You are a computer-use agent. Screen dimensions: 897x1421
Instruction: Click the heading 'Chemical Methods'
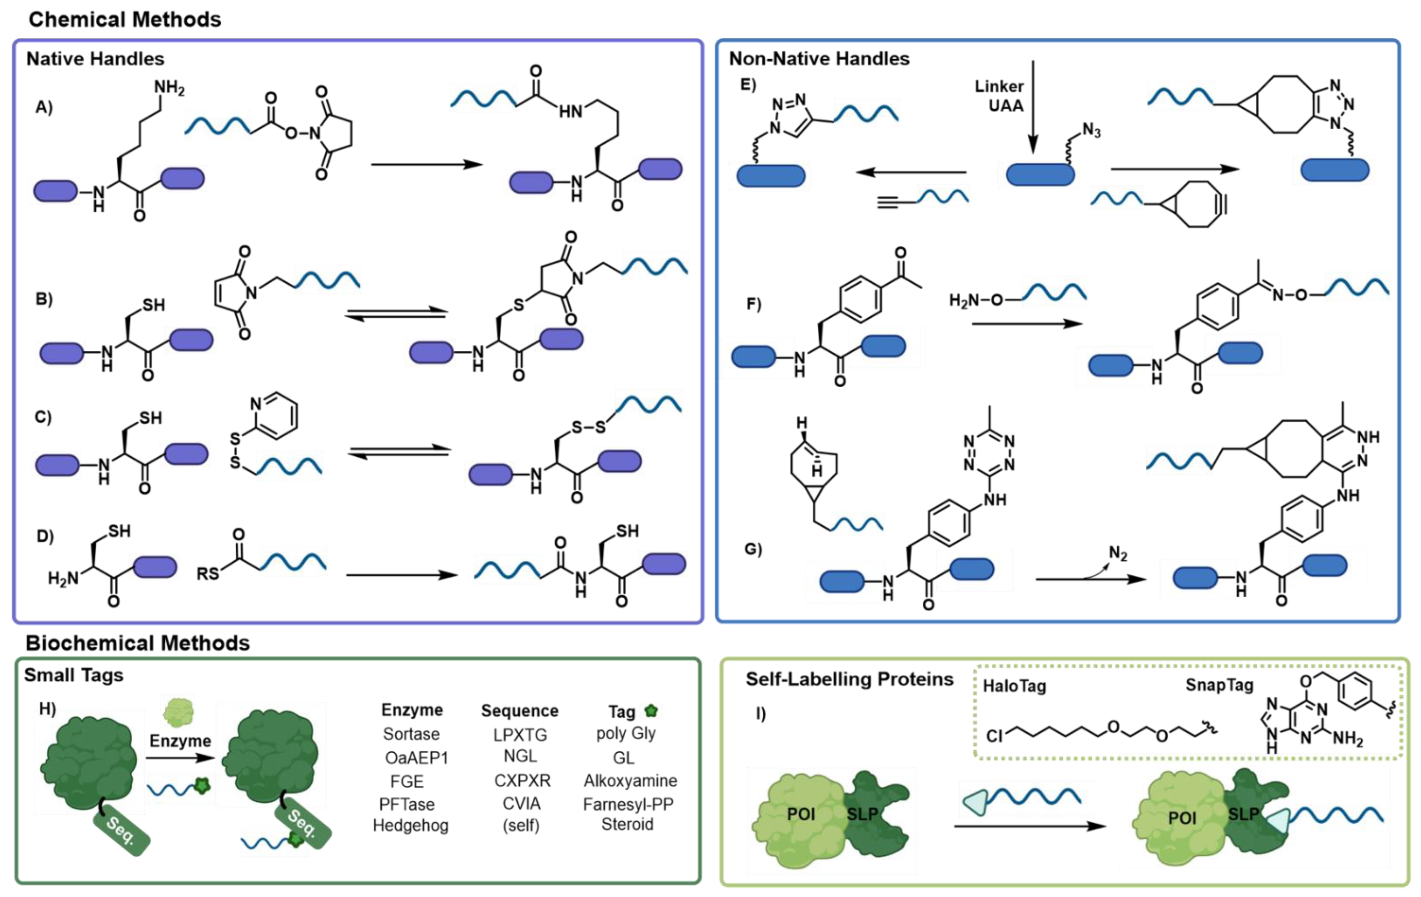(x=124, y=19)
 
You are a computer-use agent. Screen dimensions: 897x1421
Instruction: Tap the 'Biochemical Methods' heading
(x=138, y=643)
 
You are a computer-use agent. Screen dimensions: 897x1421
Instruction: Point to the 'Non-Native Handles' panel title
(x=819, y=59)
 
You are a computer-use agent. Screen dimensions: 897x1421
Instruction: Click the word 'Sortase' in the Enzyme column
(x=411, y=734)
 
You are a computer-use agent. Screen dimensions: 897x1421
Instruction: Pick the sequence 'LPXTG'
(x=520, y=735)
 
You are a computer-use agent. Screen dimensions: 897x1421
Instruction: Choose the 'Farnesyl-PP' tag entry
(x=628, y=805)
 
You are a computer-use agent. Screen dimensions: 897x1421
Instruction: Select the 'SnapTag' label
(x=1219, y=685)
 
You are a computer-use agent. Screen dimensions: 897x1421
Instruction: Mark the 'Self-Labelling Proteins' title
(x=849, y=680)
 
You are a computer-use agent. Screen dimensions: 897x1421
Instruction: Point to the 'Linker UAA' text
(x=1000, y=96)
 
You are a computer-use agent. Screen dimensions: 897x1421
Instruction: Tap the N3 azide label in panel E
(x=1091, y=130)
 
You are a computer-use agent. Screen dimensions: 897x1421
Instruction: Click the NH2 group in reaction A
(x=169, y=88)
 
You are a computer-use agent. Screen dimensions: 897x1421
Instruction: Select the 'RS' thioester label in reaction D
(x=208, y=573)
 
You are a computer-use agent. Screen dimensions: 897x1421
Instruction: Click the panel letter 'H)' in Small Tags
(x=47, y=708)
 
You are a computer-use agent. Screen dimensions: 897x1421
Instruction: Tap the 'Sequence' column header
(x=519, y=711)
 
